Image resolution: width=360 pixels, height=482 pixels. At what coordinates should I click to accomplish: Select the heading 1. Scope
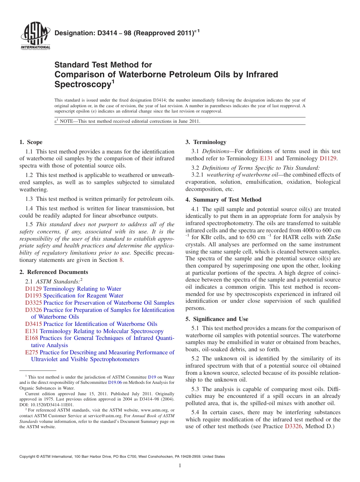31,142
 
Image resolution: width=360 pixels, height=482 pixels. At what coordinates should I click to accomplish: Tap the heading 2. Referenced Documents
53,272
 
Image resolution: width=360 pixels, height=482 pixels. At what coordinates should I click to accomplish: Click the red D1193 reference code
33,296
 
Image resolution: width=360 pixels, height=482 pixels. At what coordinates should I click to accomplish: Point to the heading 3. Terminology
206,142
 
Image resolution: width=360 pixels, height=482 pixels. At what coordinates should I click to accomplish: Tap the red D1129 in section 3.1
328,158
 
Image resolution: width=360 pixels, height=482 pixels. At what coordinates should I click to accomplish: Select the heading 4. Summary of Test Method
223,200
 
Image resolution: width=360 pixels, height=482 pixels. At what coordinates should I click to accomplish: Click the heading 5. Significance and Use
217,319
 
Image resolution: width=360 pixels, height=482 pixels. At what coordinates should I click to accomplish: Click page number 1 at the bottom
180,466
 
